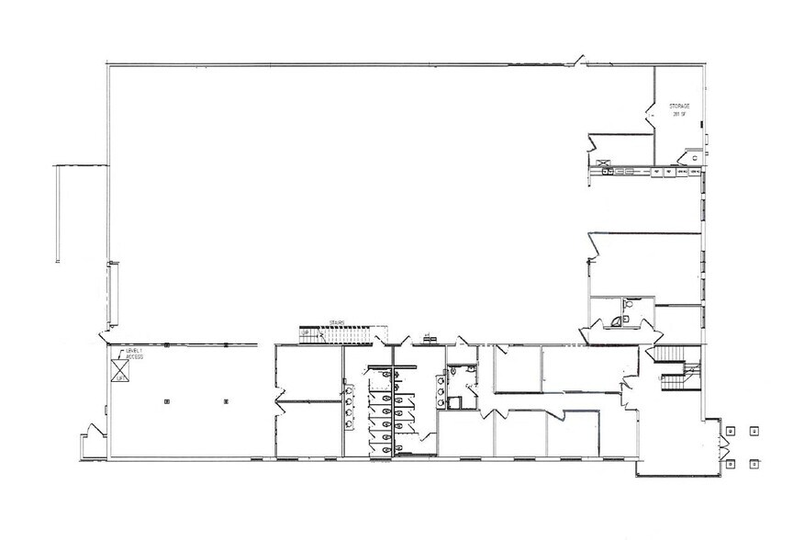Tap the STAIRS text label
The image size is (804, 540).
tap(335, 321)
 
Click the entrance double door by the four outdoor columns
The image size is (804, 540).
tap(721, 448)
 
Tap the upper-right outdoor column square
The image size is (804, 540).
tap(754, 429)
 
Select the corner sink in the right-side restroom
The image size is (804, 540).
tap(616, 321)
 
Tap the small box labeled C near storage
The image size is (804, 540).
tap(695, 158)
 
